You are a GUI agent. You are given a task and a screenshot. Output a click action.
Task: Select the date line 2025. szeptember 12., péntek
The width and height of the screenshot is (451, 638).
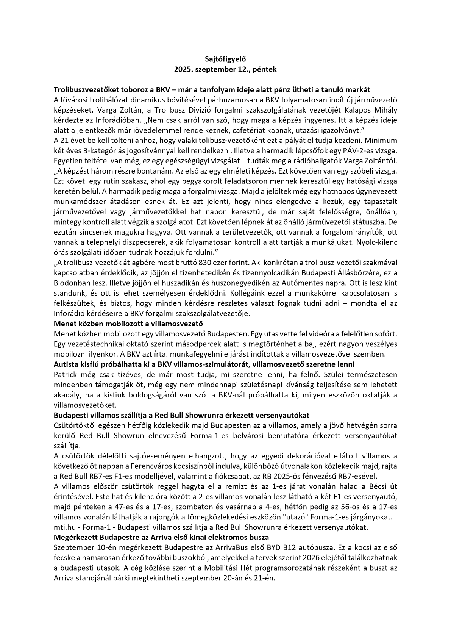click(225, 69)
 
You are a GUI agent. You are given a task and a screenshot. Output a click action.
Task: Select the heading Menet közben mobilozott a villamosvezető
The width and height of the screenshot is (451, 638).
click(129, 324)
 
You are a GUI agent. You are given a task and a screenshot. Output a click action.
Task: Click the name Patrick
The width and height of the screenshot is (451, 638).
click(65, 375)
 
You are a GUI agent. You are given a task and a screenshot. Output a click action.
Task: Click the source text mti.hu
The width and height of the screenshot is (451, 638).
click(65, 527)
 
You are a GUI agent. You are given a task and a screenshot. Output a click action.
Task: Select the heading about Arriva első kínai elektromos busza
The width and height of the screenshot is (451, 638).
click(161, 537)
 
